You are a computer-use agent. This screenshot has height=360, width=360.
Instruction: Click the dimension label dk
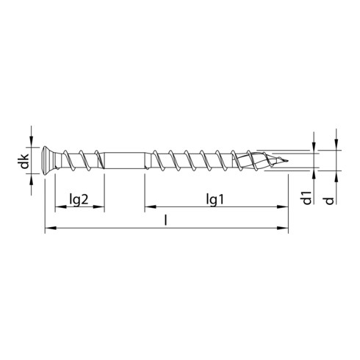pyautogui.click(x=24, y=160)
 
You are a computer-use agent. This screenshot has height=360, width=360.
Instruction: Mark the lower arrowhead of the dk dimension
pyautogui.click(x=32, y=177)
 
